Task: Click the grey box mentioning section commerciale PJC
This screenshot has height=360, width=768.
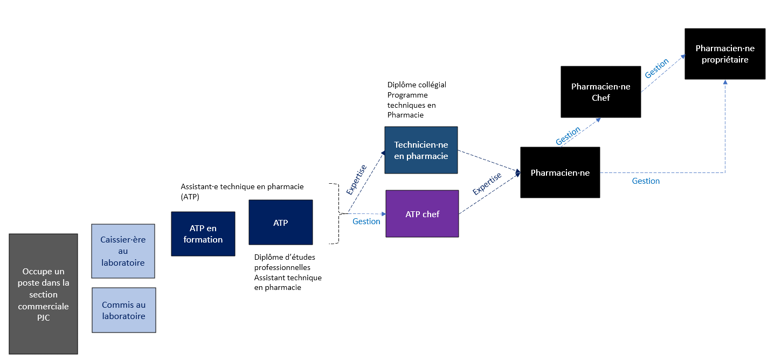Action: click(43, 294)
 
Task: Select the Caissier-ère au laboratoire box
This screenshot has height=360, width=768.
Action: click(123, 251)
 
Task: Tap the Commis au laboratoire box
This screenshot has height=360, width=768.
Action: click(123, 310)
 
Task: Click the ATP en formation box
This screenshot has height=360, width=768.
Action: click(203, 234)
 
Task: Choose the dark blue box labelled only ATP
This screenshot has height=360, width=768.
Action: click(280, 222)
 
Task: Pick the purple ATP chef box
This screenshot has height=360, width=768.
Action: click(422, 214)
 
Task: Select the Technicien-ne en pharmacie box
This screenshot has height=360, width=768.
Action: click(421, 150)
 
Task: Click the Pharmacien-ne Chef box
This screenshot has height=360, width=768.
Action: click(600, 92)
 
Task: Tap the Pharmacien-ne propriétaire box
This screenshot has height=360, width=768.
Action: click(725, 54)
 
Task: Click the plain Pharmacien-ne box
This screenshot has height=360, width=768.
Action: click(560, 172)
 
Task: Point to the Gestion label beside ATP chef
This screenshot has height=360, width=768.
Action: click(366, 221)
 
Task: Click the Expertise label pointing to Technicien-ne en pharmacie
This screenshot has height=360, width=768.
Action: click(357, 179)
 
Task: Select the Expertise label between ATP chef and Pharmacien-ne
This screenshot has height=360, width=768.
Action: click(487, 184)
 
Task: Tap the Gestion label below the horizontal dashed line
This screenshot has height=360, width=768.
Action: click(646, 181)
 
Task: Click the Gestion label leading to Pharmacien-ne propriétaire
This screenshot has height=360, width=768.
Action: click(657, 68)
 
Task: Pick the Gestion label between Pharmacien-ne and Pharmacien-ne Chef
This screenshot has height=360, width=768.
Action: click(568, 136)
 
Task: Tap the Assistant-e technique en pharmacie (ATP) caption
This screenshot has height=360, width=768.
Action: click(241, 191)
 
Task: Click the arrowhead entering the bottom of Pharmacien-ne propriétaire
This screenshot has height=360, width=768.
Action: click(725, 82)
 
